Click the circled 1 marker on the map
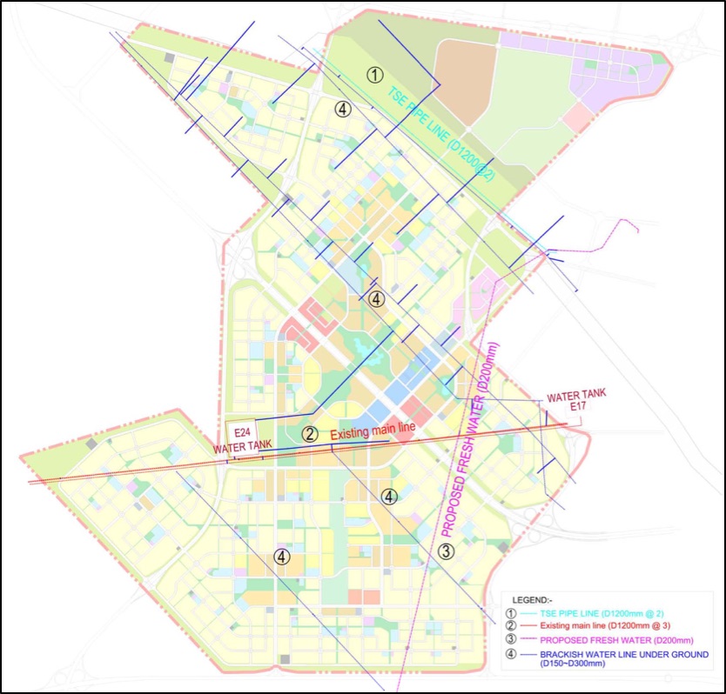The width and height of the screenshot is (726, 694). pyautogui.click(x=374, y=74)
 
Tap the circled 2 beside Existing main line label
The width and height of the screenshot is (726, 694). pyautogui.click(x=309, y=433)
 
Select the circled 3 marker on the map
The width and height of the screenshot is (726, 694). pyautogui.click(x=446, y=551)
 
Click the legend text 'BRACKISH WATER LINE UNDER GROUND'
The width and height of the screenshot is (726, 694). pyautogui.click(x=624, y=654)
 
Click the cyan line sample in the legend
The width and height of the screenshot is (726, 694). pyautogui.click(x=525, y=614)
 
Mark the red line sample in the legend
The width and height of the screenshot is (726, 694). pyautogui.click(x=525, y=627)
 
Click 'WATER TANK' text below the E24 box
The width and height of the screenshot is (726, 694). pyautogui.click(x=243, y=447)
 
